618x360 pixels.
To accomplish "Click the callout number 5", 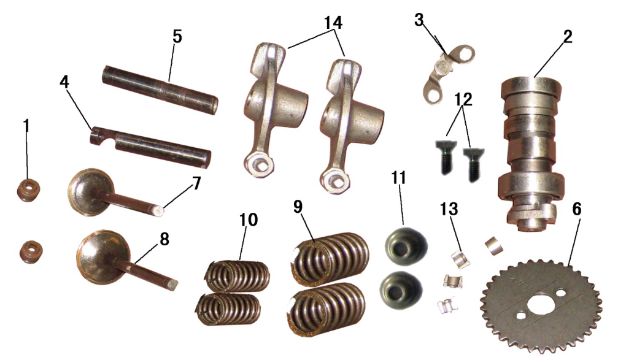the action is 177,36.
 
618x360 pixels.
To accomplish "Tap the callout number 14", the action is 333,23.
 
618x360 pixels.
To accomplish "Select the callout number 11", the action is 398,178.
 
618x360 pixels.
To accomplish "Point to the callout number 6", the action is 577,209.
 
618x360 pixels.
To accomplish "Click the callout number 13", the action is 449,209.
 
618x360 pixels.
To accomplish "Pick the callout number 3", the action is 419,19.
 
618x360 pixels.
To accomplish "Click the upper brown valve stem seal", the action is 28,190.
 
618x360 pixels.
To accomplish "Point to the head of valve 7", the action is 90,192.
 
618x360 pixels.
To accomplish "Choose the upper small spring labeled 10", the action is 238,276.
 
